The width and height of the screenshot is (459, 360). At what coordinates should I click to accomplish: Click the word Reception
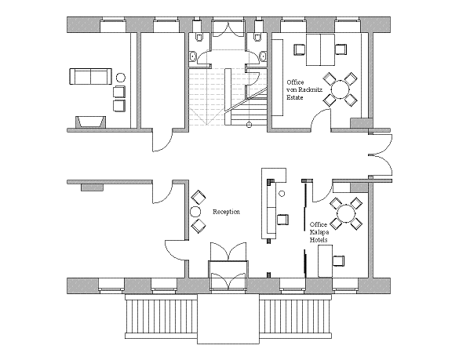pos(226,212)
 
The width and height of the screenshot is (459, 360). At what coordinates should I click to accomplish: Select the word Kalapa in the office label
pos(319,232)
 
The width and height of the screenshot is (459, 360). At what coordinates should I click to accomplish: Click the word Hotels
pos(319,240)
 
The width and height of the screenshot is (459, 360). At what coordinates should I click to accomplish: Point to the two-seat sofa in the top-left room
pos(90,76)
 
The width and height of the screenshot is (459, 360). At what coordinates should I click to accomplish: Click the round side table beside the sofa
pos(121,78)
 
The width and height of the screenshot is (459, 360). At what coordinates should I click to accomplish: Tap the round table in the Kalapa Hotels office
pos(346,213)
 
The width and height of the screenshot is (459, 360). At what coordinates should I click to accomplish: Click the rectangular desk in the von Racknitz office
pos(320,49)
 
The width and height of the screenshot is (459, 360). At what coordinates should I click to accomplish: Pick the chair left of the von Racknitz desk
pos(299,49)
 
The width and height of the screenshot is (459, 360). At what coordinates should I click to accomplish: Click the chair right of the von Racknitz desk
pos(341,49)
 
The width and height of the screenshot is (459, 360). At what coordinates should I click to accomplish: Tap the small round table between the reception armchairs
pos(195,211)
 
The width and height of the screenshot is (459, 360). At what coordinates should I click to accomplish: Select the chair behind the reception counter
pos(282,220)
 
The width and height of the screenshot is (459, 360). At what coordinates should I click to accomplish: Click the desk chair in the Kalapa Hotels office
pos(338,260)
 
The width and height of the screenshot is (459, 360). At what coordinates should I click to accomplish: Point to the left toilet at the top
pos(199,38)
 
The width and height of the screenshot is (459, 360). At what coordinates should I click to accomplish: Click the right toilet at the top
pos(257,38)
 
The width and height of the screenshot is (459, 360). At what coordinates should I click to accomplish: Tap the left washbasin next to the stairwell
pos(193,56)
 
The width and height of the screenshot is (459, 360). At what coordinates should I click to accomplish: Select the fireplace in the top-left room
pos(91,122)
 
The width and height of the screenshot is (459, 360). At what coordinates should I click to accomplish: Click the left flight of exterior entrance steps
pos(161,316)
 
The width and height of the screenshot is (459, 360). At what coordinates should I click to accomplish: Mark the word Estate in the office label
pos(295,97)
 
